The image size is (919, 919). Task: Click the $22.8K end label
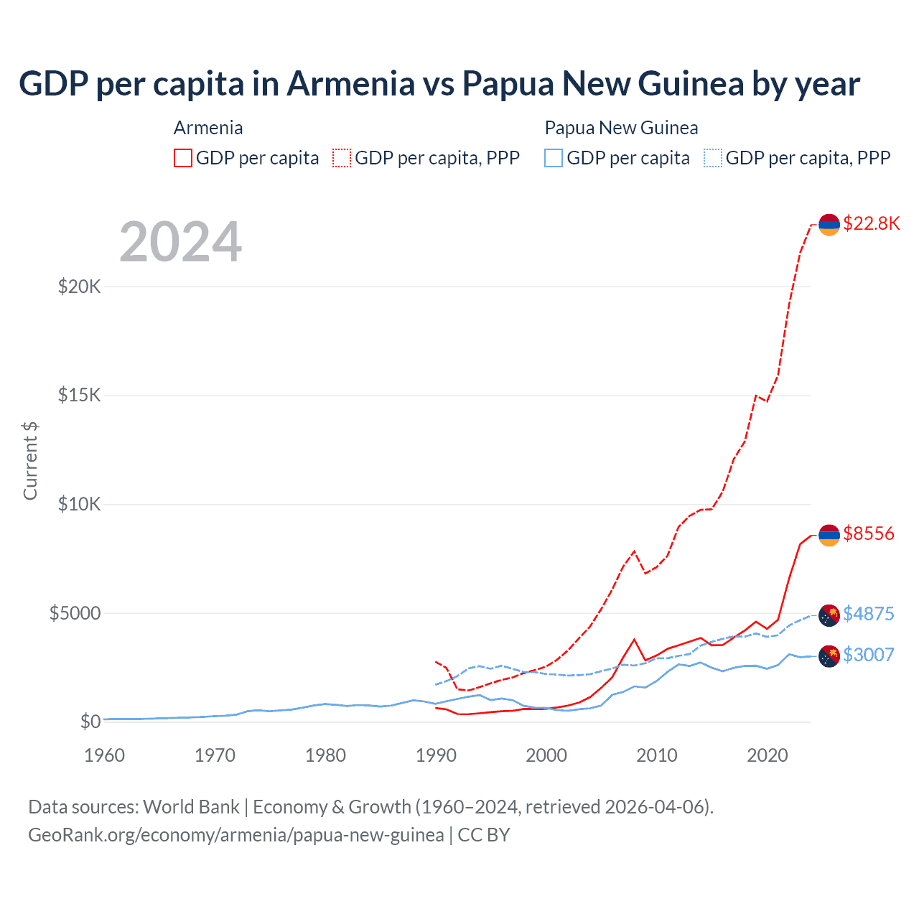871,223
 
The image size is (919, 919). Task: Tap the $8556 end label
869,533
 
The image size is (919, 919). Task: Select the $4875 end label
869,614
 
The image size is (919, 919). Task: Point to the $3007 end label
869,655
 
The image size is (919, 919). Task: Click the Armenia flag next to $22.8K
829,225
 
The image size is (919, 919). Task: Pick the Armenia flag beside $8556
829,535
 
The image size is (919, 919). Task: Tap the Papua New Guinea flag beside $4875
829,615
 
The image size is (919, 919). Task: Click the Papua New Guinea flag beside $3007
829,656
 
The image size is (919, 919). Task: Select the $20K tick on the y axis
80,287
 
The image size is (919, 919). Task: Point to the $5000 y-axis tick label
75,613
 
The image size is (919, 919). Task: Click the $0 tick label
90,722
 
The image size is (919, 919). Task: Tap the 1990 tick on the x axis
436,755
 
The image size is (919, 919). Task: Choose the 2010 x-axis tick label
657,755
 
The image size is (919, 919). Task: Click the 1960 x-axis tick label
105,755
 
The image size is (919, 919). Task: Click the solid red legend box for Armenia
183,158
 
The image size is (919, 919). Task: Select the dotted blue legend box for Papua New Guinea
713,158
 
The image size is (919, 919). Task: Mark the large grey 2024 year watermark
180,242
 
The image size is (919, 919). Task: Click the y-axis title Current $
30,461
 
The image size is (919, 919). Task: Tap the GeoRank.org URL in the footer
236,835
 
